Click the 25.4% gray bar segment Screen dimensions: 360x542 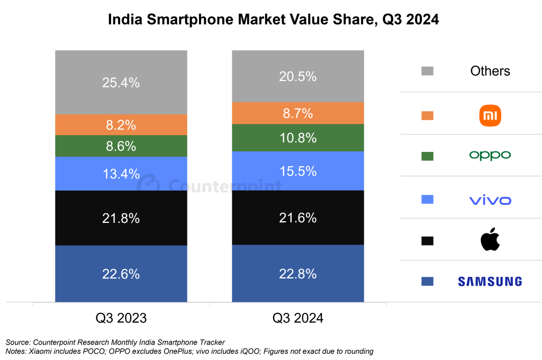121,82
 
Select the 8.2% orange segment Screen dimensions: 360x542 121,125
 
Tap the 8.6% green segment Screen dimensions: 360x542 121,146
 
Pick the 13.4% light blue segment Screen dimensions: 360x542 121,174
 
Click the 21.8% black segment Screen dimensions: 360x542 121,218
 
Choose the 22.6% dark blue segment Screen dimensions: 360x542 121,274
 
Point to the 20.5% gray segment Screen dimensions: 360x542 297,76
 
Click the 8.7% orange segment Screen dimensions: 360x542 297,113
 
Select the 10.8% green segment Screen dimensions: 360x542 297,138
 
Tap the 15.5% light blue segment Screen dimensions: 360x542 297,171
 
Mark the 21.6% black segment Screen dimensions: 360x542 297,218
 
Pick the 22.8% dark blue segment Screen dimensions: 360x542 297,274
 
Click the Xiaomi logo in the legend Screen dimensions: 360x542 490,115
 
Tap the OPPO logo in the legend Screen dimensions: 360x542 490,156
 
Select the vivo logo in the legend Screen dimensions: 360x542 490,200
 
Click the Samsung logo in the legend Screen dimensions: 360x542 490,282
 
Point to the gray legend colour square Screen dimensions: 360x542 427,71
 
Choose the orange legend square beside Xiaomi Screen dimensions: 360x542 427,115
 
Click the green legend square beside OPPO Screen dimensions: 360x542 427,156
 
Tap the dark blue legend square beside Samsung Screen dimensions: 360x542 427,282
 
